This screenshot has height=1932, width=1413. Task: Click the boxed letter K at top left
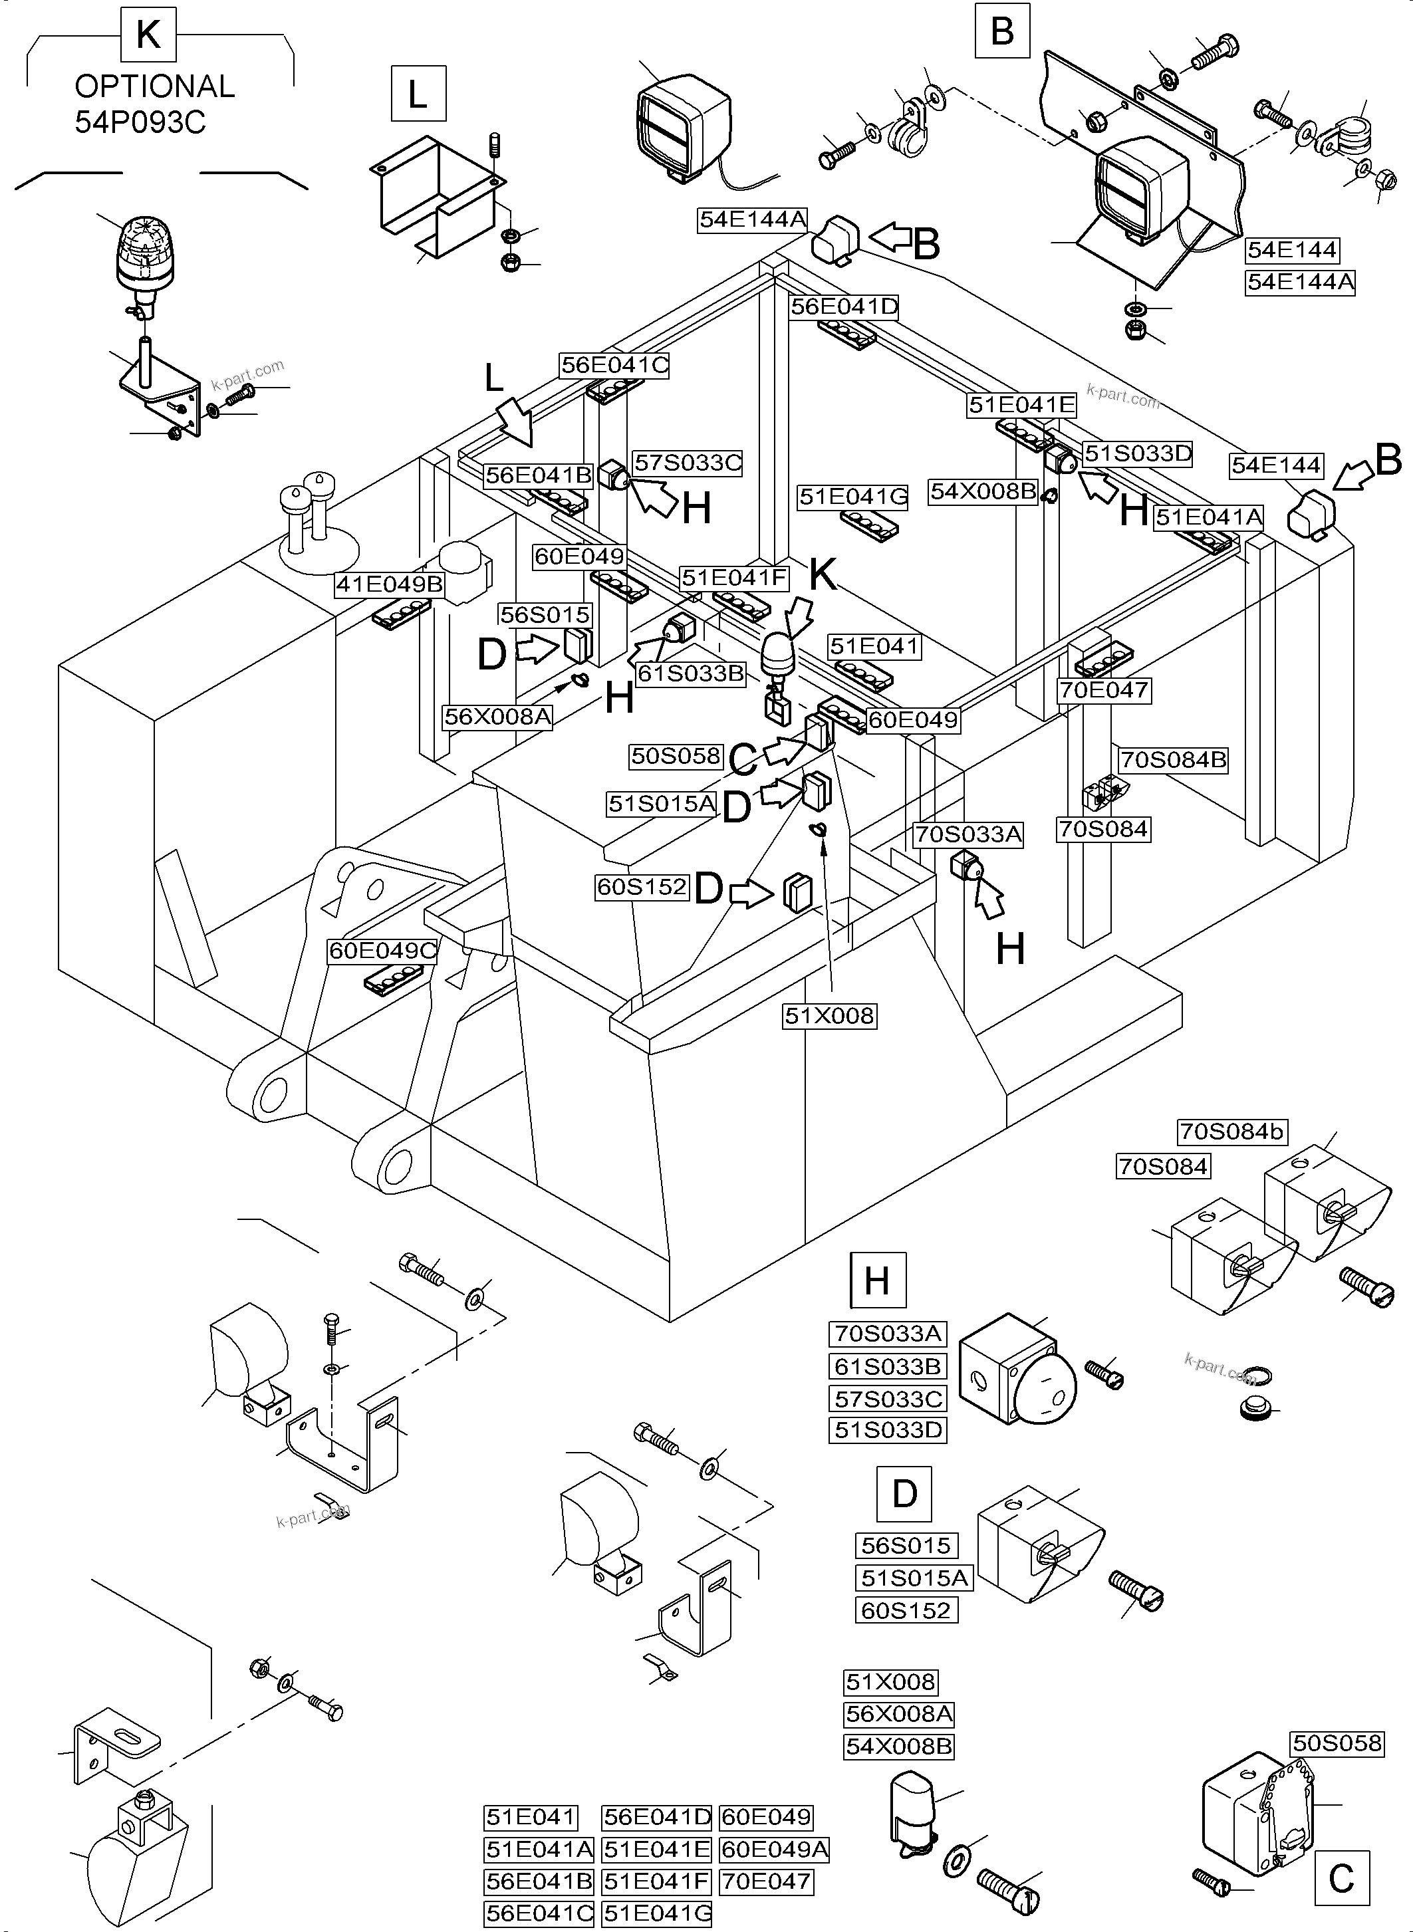(148, 36)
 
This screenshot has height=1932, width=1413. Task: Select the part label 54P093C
(140, 122)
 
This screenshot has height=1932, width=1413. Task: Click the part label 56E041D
(843, 307)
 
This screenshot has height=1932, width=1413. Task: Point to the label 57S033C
(688, 463)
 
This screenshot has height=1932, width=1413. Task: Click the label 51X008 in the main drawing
(830, 1015)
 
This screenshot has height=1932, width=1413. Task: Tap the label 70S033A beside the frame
(968, 834)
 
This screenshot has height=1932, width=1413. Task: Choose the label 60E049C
(383, 950)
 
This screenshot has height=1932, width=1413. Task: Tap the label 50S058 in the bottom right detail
(1337, 1743)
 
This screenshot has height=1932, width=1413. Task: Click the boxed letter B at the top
(1001, 32)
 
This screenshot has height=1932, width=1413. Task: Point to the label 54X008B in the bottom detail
(898, 1746)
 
